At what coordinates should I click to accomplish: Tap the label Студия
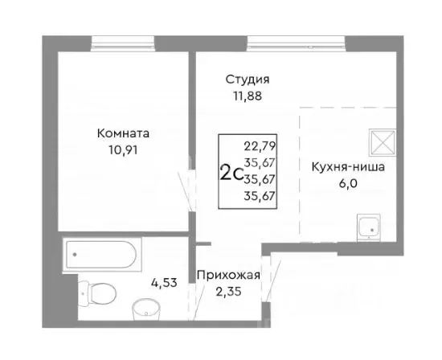247,80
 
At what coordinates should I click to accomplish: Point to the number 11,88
247,96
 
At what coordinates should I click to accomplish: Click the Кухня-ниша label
348,168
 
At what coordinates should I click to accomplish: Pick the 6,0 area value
348,183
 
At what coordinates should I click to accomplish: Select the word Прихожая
229,276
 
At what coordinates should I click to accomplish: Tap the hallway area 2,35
229,291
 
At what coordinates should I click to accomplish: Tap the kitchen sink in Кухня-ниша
369,227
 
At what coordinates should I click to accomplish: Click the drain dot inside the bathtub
76,254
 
